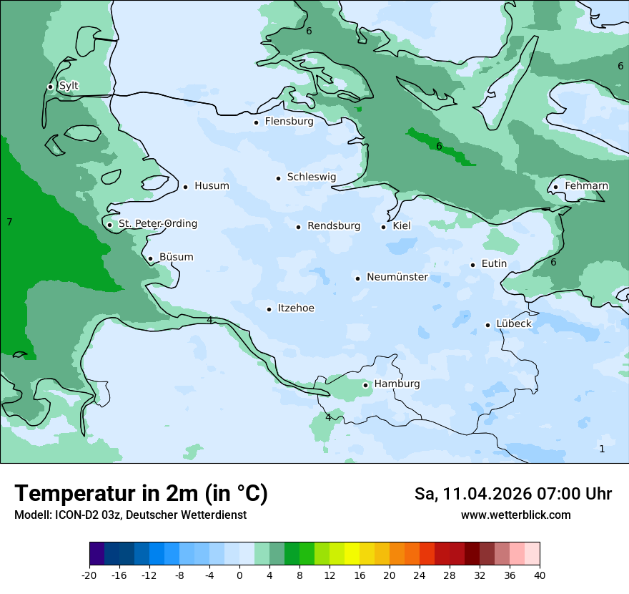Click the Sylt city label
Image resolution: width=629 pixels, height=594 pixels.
69,86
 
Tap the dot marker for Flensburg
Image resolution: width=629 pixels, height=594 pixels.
256,122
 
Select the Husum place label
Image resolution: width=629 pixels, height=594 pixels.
212,186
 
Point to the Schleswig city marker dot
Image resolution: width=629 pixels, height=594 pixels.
278,178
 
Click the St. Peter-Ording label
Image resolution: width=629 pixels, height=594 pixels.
157,224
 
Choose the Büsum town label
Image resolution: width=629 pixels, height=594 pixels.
176,258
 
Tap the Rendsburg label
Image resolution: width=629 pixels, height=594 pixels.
334,226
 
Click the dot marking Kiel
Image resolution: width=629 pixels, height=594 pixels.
383,227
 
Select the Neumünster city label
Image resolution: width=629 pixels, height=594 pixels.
397,277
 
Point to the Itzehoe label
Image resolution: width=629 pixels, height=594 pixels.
296,308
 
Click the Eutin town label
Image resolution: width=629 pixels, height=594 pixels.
494,264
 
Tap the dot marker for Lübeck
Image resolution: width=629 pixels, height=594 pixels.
487,325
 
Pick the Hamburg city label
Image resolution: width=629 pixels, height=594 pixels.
397,384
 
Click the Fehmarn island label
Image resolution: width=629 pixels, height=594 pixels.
586,186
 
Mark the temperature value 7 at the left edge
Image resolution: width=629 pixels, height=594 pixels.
9,223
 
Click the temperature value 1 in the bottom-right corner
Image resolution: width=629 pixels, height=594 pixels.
602,449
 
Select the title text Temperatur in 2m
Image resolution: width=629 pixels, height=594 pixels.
141,493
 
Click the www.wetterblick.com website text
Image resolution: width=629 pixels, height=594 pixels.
515,515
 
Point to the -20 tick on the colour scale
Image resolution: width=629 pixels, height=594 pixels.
89,575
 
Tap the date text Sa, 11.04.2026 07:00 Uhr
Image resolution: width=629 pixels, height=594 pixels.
512,494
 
